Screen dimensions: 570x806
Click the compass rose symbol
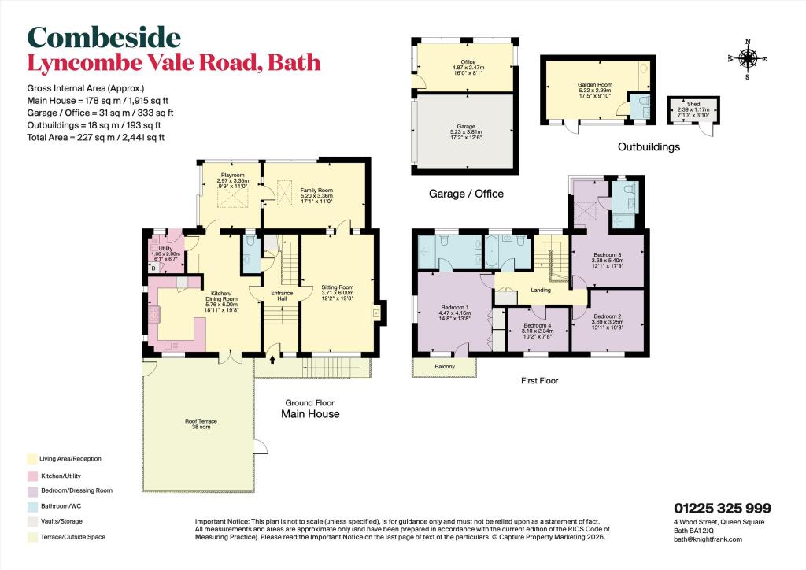pos(748,57)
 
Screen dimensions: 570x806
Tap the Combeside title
pos(104,36)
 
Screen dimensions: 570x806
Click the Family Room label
pos(314,190)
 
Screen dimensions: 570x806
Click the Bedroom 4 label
pos(538,325)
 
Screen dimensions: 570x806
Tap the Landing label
pos(541,290)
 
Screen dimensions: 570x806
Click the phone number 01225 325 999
pos(722,509)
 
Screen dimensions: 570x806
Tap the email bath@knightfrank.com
pos(708,539)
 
